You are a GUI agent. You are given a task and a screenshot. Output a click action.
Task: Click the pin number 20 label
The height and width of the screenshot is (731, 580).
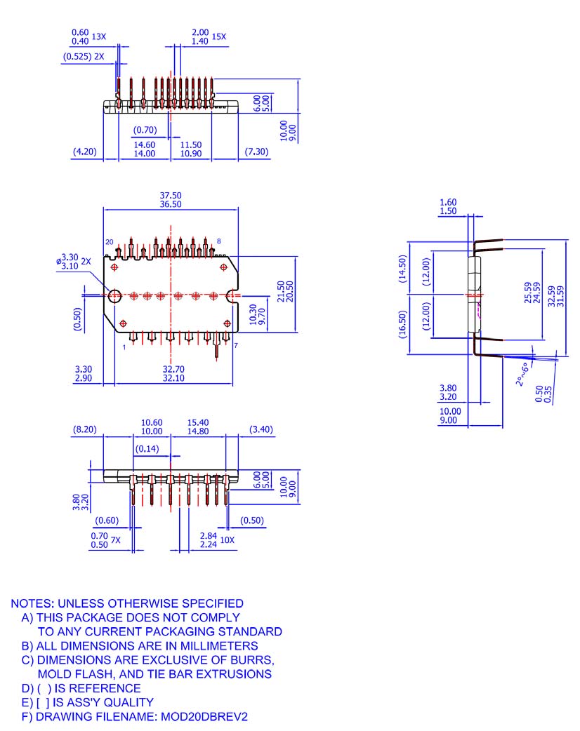[x=109, y=242]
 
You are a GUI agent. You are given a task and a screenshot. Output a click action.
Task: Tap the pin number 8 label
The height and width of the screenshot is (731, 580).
[x=219, y=241]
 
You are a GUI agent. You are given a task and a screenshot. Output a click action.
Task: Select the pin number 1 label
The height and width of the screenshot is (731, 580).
[x=124, y=347]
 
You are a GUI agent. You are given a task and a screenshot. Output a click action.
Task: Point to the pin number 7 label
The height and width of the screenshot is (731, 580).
[x=236, y=346]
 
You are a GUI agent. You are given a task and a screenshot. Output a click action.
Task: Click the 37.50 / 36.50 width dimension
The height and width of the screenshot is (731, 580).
[x=171, y=200]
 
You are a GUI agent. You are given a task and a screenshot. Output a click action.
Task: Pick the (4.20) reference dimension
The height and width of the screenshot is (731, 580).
[x=84, y=152]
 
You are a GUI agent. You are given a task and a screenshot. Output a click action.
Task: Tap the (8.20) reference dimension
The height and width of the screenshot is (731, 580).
[x=84, y=429]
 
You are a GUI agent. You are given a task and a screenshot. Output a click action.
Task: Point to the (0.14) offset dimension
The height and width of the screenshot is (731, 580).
[x=147, y=448]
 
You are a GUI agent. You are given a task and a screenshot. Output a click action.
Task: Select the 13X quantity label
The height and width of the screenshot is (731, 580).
[x=99, y=36]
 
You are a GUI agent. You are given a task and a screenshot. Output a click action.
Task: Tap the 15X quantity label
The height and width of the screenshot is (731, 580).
[x=220, y=36]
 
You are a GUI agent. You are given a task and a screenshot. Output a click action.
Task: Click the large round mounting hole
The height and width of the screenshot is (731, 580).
[x=114, y=295]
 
